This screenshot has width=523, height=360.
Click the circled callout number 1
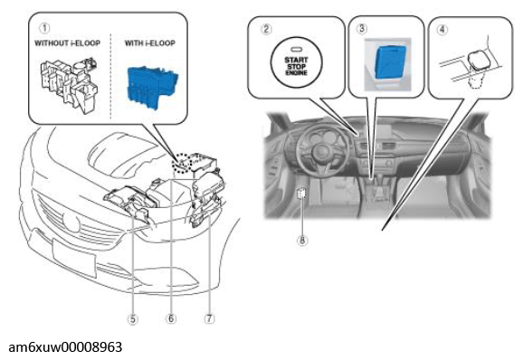click(44, 28)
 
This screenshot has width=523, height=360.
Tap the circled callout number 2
click(266, 29)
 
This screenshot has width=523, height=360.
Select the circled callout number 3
click(362, 28)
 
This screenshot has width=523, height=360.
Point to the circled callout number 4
click(442, 30)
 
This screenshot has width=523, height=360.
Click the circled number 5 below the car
click(133, 319)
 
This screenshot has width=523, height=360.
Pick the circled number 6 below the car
click(171, 318)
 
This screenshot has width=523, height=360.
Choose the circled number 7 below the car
click(209, 318)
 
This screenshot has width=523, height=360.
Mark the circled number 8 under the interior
click(302, 241)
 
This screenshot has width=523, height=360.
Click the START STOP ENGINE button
click(296, 62)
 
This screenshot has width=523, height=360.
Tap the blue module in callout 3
click(390, 62)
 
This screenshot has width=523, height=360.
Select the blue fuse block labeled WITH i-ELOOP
click(152, 88)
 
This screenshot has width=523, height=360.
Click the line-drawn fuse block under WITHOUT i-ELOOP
click(70, 85)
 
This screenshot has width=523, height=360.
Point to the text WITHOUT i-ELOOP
click(67, 43)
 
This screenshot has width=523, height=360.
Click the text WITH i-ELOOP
click(150, 43)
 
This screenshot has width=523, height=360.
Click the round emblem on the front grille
click(71, 222)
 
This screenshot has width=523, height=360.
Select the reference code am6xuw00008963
click(65, 347)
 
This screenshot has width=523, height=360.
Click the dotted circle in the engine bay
click(182, 164)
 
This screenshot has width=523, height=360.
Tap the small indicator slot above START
click(296, 50)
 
